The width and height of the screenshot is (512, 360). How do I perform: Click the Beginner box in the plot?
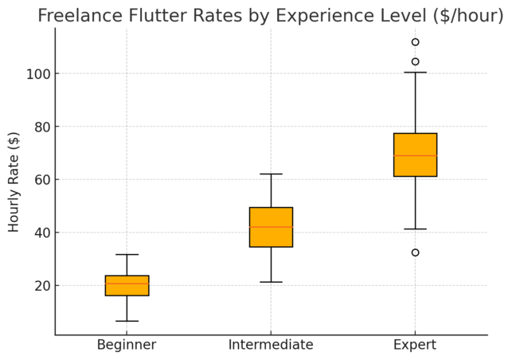point(127,286)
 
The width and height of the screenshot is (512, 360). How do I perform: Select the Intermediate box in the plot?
point(271,227)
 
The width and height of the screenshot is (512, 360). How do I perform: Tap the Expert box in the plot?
point(415,155)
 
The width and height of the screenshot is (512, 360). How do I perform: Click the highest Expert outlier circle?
point(415,42)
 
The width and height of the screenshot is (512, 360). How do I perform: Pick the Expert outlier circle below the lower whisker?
point(415,252)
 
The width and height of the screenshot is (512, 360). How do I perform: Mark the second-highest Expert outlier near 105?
point(415,61)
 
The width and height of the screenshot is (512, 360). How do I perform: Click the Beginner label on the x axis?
point(127,345)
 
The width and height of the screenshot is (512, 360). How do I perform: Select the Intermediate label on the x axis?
point(271,345)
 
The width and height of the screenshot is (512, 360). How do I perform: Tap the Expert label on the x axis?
point(415,345)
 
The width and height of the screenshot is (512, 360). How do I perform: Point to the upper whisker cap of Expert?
point(415,72)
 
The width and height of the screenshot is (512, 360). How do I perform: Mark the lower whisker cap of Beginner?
point(127,321)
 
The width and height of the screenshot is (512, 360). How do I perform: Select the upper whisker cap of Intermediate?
point(271,174)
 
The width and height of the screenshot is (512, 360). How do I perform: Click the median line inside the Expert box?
point(415,155)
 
